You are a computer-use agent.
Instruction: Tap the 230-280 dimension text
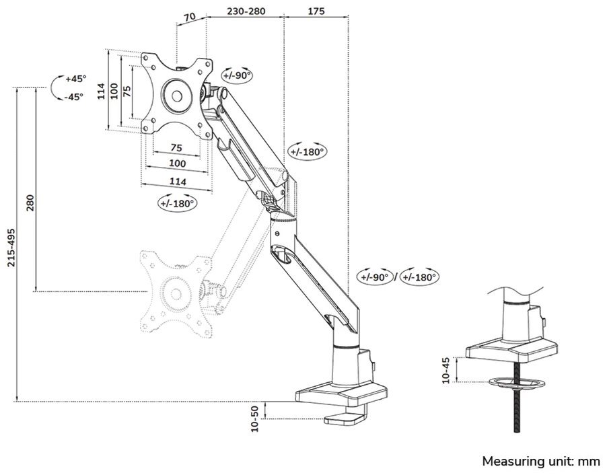click(246, 11)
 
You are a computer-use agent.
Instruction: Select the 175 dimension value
click(316, 11)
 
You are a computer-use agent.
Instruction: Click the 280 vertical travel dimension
click(30, 204)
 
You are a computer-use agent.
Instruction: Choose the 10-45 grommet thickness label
click(446, 370)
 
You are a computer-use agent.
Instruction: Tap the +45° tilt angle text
click(75, 79)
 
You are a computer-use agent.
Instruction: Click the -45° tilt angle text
click(75, 96)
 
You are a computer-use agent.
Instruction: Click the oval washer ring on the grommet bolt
click(517, 383)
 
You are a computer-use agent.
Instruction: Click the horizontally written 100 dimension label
click(177, 163)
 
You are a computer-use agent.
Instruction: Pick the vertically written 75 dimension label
click(127, 91)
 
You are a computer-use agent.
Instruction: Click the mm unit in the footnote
click(588, 462)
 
